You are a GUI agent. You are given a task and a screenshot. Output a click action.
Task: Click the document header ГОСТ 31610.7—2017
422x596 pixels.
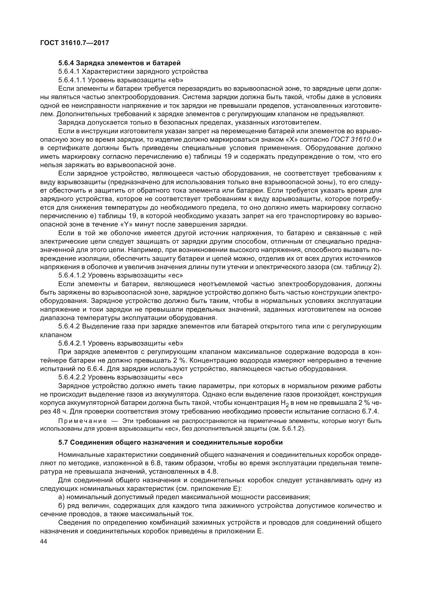[75, 43]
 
